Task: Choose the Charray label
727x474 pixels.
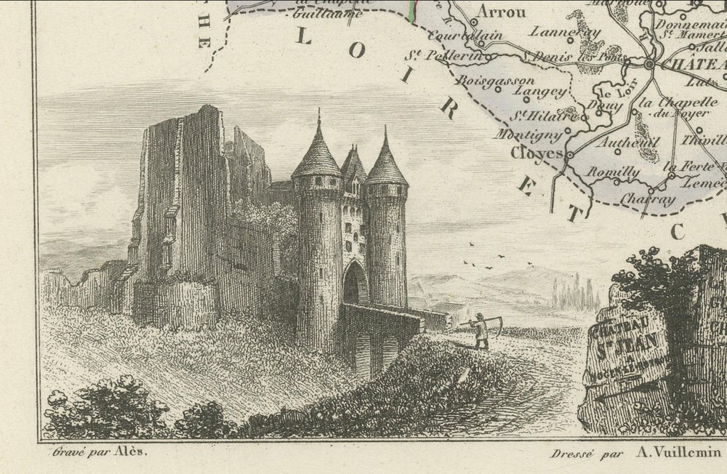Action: click(648, 198)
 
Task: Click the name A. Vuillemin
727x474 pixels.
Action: click(679, 452)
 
